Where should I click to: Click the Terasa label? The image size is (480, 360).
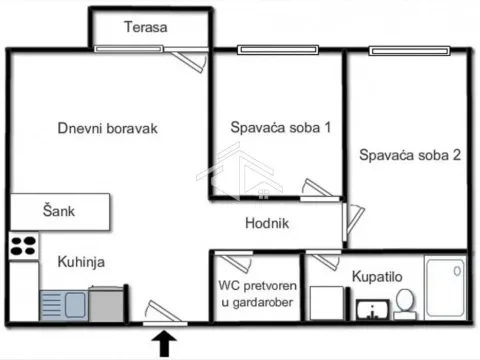tap(146, 27)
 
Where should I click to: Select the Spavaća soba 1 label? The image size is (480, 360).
tap(281, 128)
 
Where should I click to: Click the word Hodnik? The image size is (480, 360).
tap(267, 224)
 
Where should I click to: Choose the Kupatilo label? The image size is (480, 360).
tap(377, 275)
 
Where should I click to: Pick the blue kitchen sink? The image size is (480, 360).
tap(65, 302)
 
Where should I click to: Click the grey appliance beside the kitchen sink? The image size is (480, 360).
tap(108, 303)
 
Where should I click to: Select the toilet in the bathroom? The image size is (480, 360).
tap(405, 302)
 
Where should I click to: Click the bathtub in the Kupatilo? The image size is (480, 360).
tap(443, 288)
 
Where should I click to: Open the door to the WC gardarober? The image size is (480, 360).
tap(236, 260)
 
